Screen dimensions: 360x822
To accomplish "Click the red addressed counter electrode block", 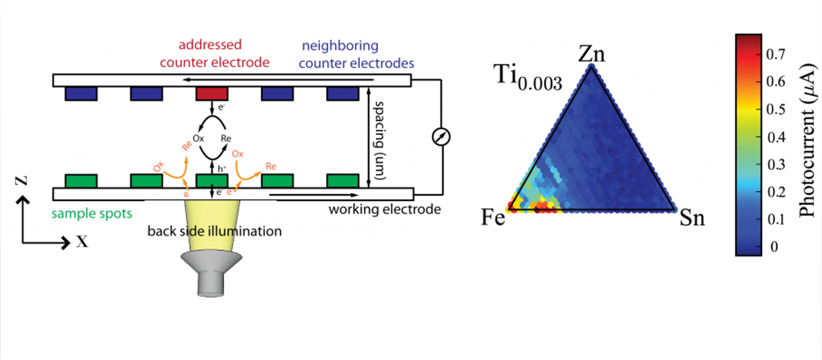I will pos(212,94).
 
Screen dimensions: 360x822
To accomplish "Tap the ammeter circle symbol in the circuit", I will pos(441,137).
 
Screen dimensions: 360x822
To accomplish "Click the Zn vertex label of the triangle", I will pos(591,54).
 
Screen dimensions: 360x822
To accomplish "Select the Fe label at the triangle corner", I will pos(493,218).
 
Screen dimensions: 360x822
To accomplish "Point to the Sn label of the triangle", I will pos(692,218).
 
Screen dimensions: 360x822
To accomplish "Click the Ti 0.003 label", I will pos(528,78).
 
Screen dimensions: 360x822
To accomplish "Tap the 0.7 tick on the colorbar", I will pos(775,54).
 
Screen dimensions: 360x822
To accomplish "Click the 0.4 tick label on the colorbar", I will pos(775,137).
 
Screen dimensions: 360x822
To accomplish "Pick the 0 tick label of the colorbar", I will pos(774,247).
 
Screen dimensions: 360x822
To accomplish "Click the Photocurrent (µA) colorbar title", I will pos(807,140).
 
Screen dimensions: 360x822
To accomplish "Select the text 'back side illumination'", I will pos(214,231).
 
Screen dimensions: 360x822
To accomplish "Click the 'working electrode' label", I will pos(384,209).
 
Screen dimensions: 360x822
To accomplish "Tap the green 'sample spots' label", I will pos(91,213).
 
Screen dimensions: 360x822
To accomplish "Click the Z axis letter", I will pos(21,181).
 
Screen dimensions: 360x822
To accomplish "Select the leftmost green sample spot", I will pos(81,181).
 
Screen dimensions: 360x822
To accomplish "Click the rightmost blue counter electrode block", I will pos(343,94).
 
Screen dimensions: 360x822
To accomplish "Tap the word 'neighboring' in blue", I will pos(340,46).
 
